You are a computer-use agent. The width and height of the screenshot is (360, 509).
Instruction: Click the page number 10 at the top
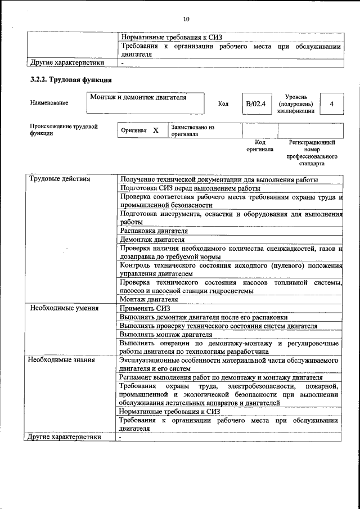[x=186, y=19]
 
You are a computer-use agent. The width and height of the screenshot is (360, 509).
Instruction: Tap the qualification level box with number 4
[x=331, y=104]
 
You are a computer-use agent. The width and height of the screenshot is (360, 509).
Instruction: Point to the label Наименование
[x=49, y=103]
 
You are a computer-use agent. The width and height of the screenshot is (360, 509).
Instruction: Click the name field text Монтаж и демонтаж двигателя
[x=138, y=98]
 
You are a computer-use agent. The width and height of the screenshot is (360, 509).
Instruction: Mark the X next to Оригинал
[x=156, y=130]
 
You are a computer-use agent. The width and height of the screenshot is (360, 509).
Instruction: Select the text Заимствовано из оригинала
[x=193, y=130]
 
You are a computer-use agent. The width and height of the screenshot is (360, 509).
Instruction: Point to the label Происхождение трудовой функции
[x=64, y=130]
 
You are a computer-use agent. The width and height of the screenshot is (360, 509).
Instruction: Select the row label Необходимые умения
[x=64, y=308]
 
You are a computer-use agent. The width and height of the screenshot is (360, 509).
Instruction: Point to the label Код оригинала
[x=260, y=146]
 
